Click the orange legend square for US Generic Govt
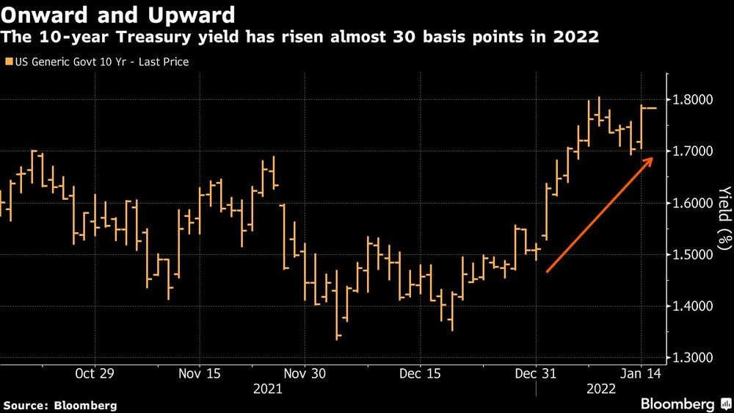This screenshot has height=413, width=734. (x=8, y=62)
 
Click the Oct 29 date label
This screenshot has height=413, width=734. (x=95, y=373)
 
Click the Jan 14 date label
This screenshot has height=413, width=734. (x=642, y=373)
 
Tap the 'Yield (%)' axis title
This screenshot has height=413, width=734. (x=724, y=218)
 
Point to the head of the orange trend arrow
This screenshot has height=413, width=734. (x=652, y=158)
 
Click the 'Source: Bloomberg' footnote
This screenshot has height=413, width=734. (x=60, y=405)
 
